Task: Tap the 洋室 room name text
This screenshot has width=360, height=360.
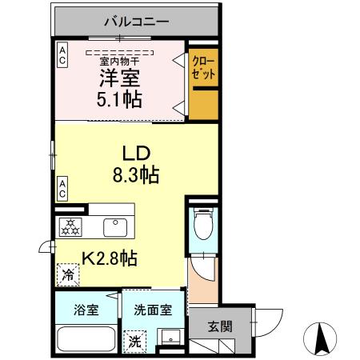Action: tap(121, 79)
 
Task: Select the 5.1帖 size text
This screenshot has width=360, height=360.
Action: tap(121, 99)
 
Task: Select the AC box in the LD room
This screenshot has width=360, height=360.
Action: tap(62, 188)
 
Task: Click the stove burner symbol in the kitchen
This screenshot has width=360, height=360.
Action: tap(70, 226)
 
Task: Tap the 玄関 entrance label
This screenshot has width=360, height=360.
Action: tap(220, 326)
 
